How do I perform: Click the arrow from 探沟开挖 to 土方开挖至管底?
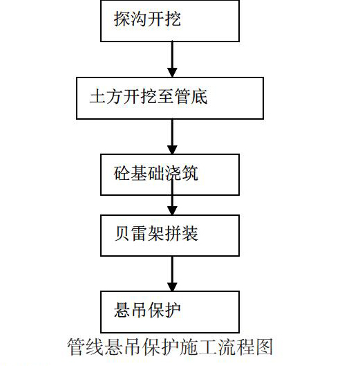172,60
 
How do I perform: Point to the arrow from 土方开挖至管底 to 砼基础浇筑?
172,136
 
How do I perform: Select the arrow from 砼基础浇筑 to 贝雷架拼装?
172,196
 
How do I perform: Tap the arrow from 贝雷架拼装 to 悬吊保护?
172,273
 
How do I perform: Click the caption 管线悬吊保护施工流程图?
170,347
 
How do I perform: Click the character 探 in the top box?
122,19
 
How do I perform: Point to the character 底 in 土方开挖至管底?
199,96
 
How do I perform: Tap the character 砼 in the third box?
122,173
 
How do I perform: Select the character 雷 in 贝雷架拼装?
139,234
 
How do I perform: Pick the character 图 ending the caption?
265,347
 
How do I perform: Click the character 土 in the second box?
97,96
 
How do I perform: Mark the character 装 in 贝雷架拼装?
190,234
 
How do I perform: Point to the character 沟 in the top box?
138,19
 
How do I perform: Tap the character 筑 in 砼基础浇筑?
190,173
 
